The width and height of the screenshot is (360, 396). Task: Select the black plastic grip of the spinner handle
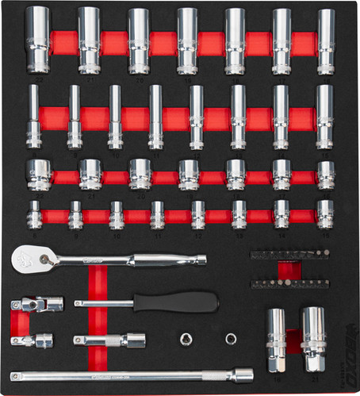(x=175, y=302)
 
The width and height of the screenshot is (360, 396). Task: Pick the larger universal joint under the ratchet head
(x=36, y=305)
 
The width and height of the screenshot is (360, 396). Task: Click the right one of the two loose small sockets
(x=231, y=339)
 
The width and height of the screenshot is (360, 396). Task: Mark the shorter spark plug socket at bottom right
(x=276, y=339)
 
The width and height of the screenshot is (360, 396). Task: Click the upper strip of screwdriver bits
(x=289, y=256)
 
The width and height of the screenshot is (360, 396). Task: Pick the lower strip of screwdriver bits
(x=289, y=283)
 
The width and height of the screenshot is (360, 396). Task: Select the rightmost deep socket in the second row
(x=324, y=116)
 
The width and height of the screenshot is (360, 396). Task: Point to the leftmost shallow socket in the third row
(x=38, y=174)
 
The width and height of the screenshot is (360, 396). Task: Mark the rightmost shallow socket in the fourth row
(x=325, y=213)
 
